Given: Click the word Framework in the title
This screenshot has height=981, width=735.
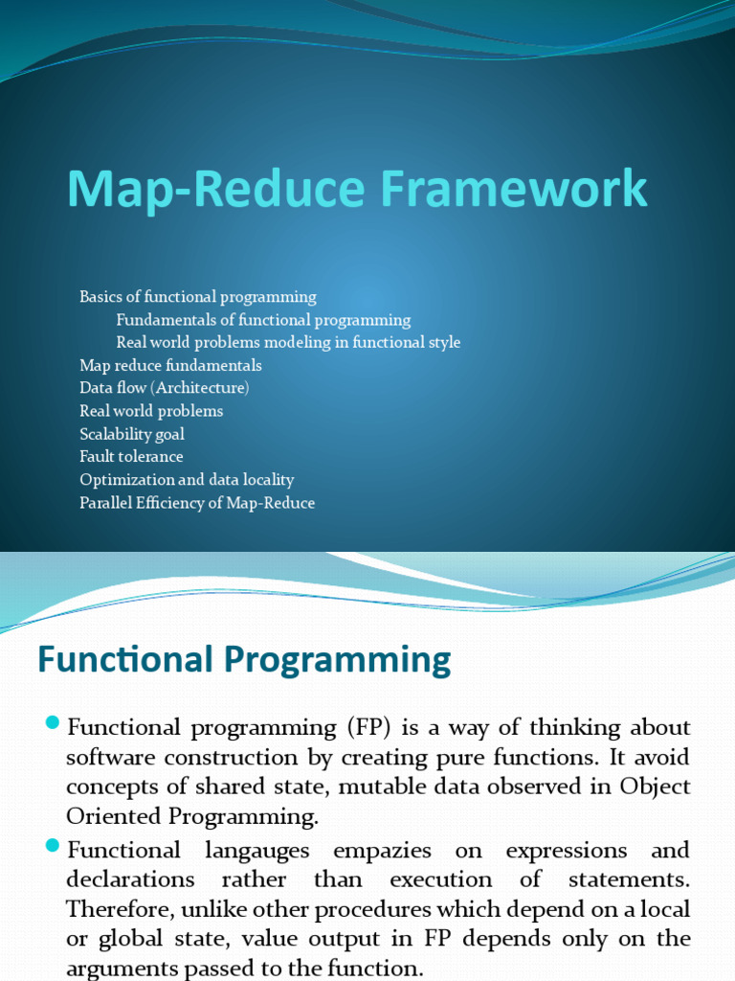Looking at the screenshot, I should (x=515, y=188).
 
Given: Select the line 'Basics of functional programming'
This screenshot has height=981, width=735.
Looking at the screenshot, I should (x=197, y=297).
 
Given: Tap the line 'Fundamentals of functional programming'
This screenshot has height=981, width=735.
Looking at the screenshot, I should (x=263, y=320).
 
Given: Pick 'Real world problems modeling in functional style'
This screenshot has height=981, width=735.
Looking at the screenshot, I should (x=288, y=342).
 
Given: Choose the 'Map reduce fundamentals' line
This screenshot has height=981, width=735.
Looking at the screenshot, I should (x=170, y=365).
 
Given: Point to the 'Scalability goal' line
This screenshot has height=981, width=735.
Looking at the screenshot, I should (x=132, y=434).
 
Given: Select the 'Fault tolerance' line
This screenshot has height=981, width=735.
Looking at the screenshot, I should (x=131, y=457).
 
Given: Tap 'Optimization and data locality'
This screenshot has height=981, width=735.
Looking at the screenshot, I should (x=187, y=480).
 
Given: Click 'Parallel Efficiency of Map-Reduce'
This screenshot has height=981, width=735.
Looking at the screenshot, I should (x=197, y=503).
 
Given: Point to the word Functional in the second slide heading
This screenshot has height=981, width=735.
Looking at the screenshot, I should (x=125, y=660).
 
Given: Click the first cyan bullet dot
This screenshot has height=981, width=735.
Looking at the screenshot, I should (x=53, y=721).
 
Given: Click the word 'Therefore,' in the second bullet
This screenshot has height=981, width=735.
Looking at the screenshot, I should (x=115, y=909).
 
